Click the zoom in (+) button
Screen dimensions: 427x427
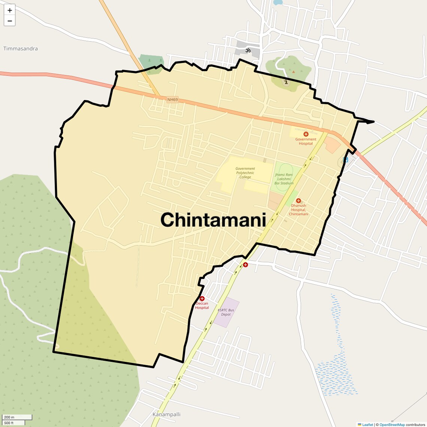(x=10, y=10)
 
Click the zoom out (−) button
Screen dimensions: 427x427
(x=10, y=21)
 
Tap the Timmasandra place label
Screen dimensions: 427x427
(x=21, y=49)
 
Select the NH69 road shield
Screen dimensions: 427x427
(x=173, y=100)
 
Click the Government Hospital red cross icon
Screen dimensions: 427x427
(x=306, y=134)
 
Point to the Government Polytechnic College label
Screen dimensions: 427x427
(x=245, y=173)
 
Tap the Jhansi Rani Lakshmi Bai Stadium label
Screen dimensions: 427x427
(x=284, y=179)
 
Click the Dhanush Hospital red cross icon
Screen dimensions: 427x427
(x=299, y=201)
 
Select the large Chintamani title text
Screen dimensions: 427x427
(x=213, y=220)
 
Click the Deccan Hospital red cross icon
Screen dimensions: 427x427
(x=202, y=299)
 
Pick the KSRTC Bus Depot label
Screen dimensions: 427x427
(x=226, y=312)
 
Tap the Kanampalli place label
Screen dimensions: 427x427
(x=166, y=414)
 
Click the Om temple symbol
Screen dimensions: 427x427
(x=248, y=50)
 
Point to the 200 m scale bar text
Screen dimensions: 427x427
(x=9, y=417)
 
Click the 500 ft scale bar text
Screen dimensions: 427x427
(x=9, y=423)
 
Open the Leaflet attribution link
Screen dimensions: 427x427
(x=367, y=425)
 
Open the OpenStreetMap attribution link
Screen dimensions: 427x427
(x=392, y=425)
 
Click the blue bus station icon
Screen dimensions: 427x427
(x=346, y=160)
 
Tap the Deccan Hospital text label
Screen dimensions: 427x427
(x=202, y=306)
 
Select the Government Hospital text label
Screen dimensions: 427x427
(x=306, y=141)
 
